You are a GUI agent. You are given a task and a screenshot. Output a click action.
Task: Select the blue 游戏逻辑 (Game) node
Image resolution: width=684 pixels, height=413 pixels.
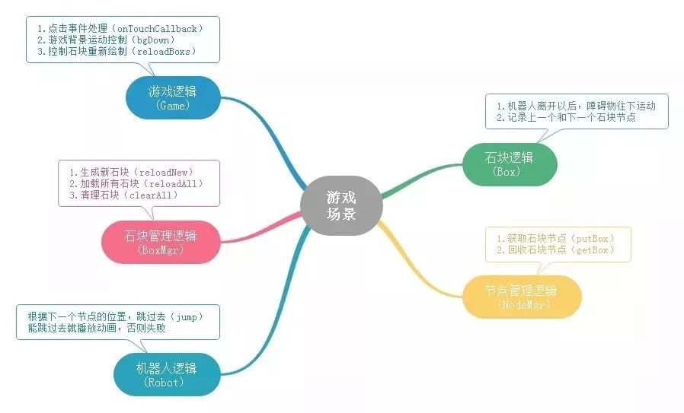[x=172, y=97]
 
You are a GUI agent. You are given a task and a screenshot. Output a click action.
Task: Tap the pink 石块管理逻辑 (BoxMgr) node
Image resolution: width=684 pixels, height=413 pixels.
[x=160, y=242]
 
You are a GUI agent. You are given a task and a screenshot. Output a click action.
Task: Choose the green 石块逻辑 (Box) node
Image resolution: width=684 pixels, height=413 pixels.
[x=509, y=164]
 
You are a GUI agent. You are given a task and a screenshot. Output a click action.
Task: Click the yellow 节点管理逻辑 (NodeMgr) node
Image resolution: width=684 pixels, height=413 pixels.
[x=521, y=297]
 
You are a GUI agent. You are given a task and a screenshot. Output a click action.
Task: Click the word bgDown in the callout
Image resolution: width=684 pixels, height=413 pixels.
[x=168, y=40]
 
